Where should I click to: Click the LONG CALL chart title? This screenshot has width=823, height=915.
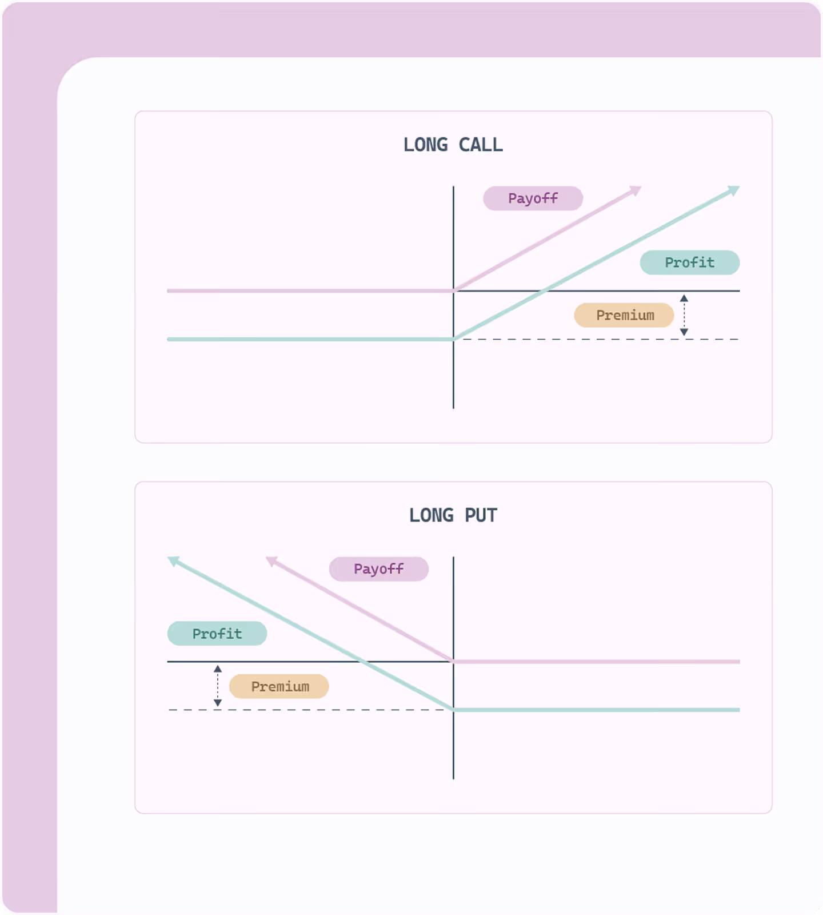click(x=453, y=145)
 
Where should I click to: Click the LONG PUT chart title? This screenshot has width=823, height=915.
click(x=453, y=515)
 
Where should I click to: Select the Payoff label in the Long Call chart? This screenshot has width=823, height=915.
click(x=533, y=198)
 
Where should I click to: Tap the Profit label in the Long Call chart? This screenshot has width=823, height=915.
click(x=689, y=262)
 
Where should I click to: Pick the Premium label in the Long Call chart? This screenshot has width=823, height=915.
click(x=624, y=315)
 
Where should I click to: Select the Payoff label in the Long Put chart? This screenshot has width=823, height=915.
click(x=378, y=569)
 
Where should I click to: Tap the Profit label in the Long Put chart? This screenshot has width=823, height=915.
click(x=217, y=634)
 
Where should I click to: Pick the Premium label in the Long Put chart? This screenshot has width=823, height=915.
click(x=279, y=686)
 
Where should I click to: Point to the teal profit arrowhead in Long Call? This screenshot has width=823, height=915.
click(x=734, y=190)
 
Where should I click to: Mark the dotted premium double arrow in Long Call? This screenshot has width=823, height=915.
click(x=684, y=315)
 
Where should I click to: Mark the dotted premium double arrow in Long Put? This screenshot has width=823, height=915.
click(x=218, y=686)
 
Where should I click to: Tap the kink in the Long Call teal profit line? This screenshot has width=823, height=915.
click(x=454, y=339)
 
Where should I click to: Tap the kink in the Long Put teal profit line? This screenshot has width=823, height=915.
click(x=454, y=710)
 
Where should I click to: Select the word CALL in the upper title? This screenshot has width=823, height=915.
click(x=481, y=145)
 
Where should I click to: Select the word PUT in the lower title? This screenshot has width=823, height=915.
click(x=481, y=515)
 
